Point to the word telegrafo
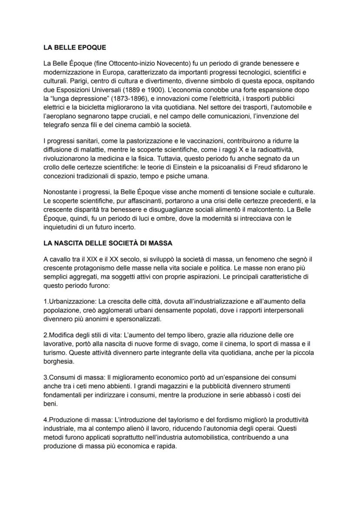pyautogui.click(x=57, y=124)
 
